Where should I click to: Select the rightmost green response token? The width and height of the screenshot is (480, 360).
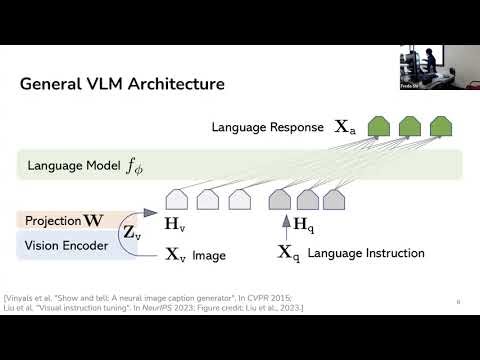[439, 127]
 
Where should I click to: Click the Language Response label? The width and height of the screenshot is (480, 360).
[268, 128]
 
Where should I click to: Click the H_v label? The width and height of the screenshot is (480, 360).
[174, 227]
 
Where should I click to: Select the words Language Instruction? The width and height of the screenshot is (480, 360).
[366, 254]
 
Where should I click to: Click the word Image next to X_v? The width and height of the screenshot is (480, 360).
[210, 255]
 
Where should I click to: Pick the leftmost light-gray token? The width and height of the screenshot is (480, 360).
[178, 200]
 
